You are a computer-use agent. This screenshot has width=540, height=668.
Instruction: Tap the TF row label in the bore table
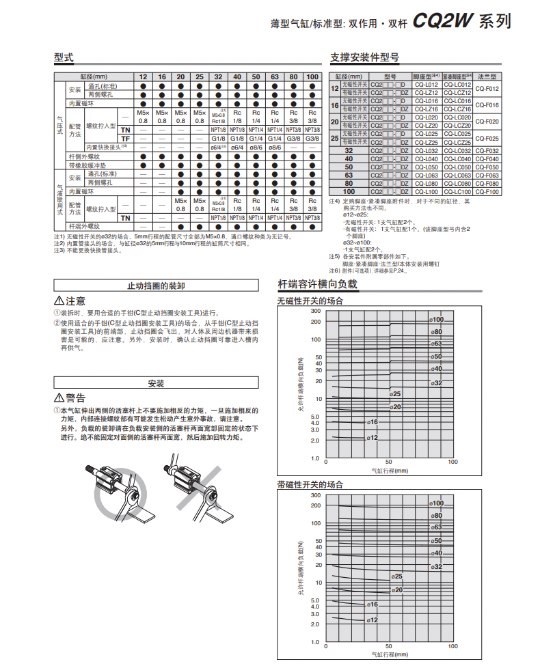[125, 139]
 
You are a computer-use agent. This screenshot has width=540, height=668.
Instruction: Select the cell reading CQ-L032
[427, 151]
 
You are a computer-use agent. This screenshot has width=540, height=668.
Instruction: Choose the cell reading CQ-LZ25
[427, 142]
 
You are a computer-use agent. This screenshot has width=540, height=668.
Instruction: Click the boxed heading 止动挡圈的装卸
[157, 286]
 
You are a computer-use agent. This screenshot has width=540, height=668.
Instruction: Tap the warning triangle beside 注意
[59, 301]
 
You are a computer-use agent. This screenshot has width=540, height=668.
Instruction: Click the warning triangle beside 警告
[59, 398]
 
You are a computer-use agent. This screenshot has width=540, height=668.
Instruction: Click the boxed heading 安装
[157, 383]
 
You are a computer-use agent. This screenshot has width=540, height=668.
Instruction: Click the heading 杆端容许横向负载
[317, 285]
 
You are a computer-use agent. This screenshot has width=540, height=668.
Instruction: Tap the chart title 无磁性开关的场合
[310, 301]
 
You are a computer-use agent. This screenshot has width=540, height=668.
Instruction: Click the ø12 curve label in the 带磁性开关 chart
[373, 619]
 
